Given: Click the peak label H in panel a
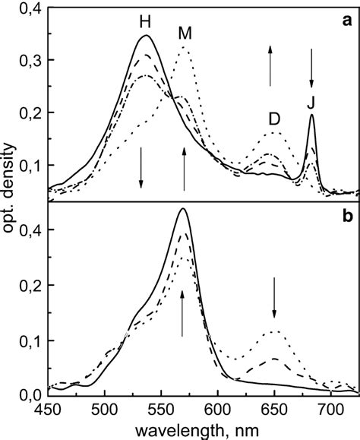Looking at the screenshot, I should [144, 23].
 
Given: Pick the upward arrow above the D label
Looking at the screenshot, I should [270, 65].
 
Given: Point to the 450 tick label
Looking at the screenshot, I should [49, 407].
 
